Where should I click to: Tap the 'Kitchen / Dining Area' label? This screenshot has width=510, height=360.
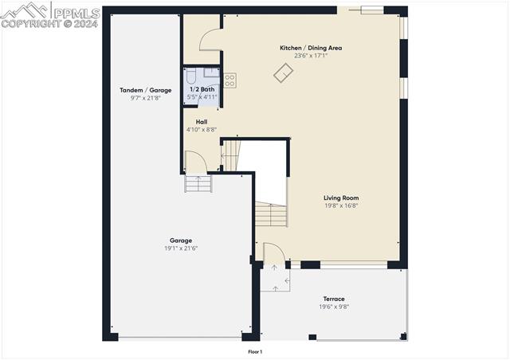310,48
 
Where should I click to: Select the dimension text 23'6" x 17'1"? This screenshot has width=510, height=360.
310,56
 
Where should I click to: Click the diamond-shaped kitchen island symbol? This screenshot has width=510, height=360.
283,73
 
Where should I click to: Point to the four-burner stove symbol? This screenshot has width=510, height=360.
229,80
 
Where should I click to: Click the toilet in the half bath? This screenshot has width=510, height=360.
190,76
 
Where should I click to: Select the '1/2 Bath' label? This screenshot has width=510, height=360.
202,89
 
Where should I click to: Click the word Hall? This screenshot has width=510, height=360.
202,122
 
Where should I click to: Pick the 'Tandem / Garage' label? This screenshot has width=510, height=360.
145,90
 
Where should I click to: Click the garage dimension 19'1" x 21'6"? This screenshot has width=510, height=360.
180,248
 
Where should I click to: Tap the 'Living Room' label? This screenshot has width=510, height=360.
340,198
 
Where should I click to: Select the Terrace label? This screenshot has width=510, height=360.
334,299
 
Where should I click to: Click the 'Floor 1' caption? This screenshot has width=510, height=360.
255,351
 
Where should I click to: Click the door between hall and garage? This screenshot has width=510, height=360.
196,162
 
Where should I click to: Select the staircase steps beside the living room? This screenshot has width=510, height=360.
271,213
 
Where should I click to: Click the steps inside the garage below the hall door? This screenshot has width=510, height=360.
198,184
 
